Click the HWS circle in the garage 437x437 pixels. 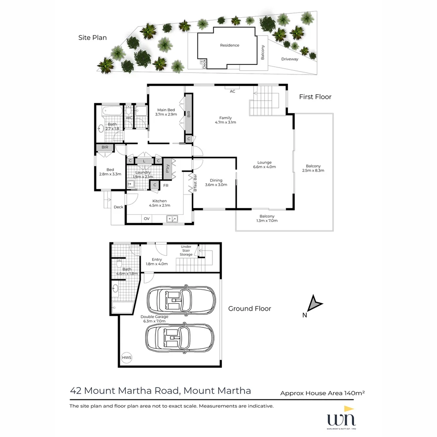[x=127, y=358]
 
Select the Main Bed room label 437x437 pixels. [x=166, y=112]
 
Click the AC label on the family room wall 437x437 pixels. [x=232, y=91]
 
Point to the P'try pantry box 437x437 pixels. [x=168, y=169]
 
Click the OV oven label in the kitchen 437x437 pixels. [x=146, y=219]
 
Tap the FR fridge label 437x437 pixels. [x=165, y=186]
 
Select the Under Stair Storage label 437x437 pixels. [x=186, y=250]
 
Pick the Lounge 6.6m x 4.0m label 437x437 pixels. [x=265, y=165]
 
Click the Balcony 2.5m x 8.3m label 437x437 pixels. [x=313, y=168]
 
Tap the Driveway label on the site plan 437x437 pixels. [x=290, y=59]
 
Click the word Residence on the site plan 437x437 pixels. [x=229, y=45]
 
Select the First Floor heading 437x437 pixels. [x=315, y=97]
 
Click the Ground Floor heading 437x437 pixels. [x=250, y=309]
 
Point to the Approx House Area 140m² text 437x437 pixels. [x=322, y=393]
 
